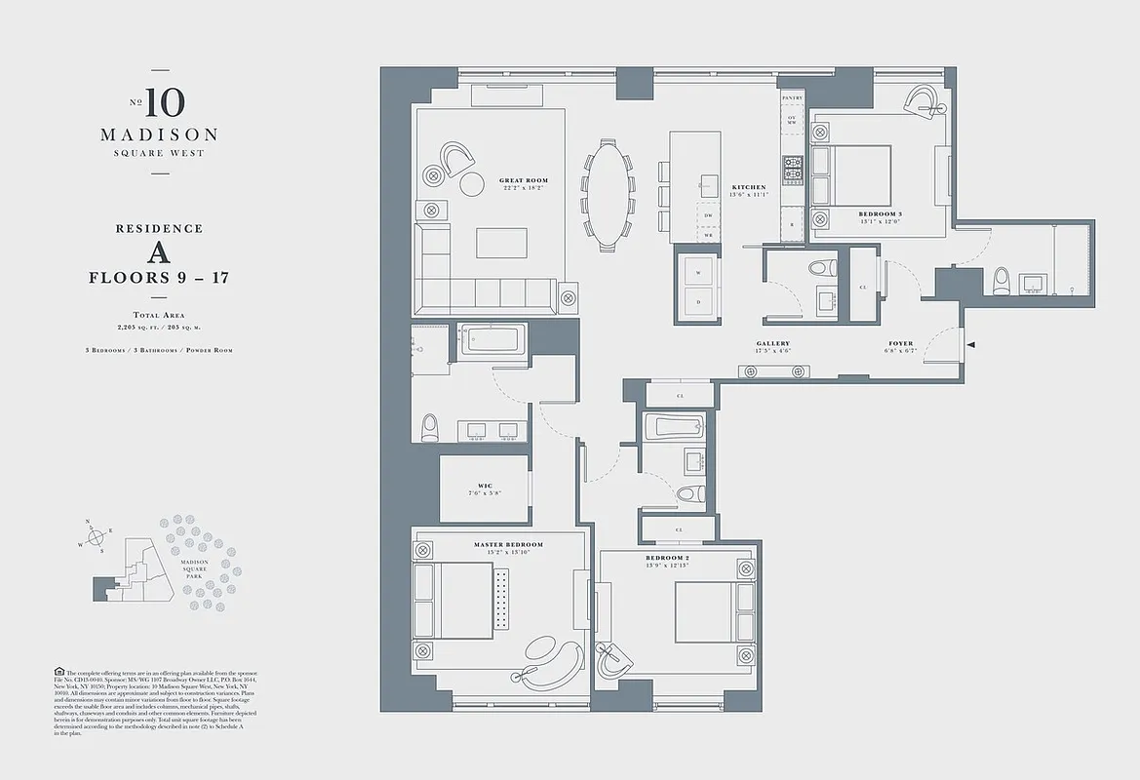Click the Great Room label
[x=524, y=180]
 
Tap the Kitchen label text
[x=749, y=187]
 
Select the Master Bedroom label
[x=508, y=544]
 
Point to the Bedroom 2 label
[x=667, y=559]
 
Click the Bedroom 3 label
[x=880, y=214]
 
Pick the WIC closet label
[x=484, y=486]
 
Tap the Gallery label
[x=772, y=344]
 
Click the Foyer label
[x=900, y=344]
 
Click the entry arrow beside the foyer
[x=971, y=344]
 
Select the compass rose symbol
[x=95, y=536]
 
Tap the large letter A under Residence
[x=159, y=253]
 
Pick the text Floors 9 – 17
[x=159, y=277]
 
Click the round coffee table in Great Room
[x=472, y=184]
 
